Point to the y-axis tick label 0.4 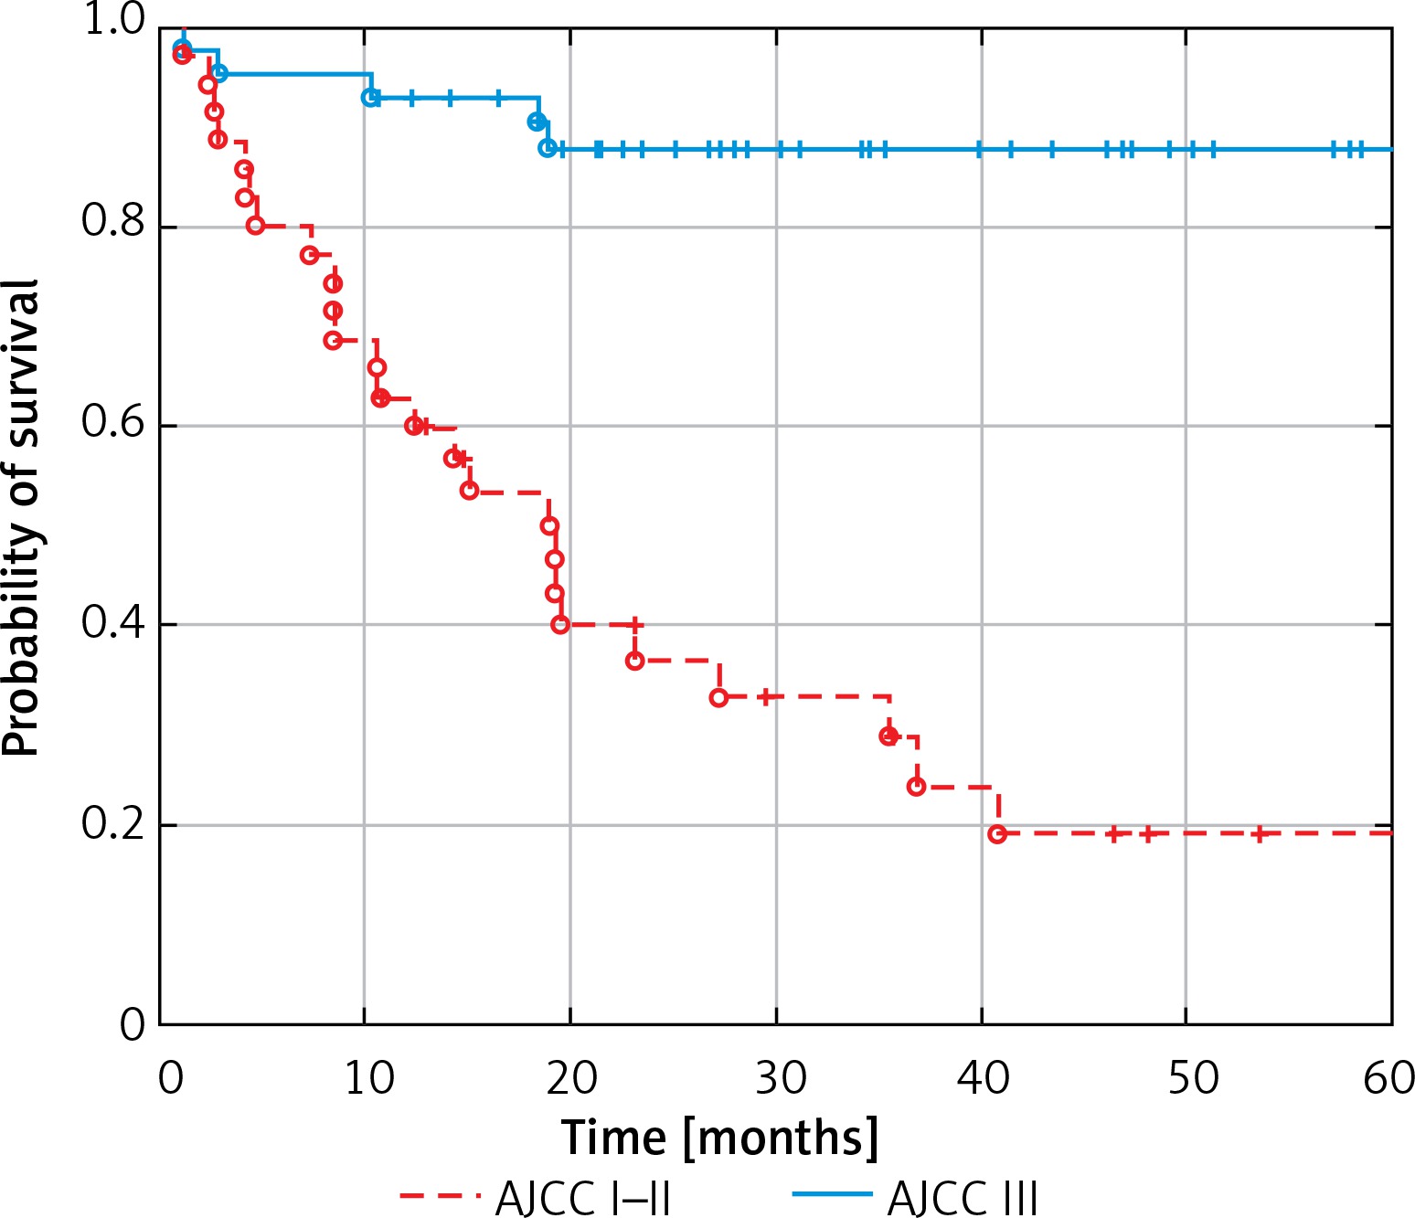click(x=113, y=623)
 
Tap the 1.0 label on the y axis click(x=113, y=20)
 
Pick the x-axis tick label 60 click(x=1388, y=1078)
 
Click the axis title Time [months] click(x=719, y=1138)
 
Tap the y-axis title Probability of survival click(x=22, y=518)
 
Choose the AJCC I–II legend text click(x=583, y=1198)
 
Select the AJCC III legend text click(x=963, y=1198)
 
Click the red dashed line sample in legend click(x=439, y=1195)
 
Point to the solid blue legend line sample click(x=832, y=1195)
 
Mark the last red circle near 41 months click(x=997, y=833)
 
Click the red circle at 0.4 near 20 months click(x=560, y=624)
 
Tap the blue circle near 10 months click(x=370, y=97)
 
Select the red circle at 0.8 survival click(x=255, y=225)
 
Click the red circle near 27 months click(x=718, y=697)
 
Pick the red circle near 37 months click(x=916, y=786)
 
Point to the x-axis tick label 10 click(x=369, y=1078)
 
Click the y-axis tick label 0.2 click(x=113, y=824)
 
